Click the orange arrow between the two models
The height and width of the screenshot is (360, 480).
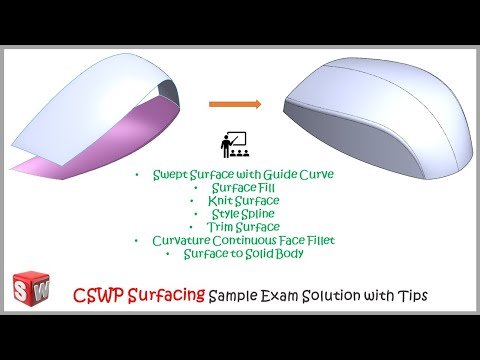tap(235, 103)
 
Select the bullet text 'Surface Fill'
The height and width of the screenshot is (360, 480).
tap(238, 187)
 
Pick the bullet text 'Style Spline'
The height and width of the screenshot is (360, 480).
tap(238, 214)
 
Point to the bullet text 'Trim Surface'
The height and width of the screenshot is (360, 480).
tap(238, 227)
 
